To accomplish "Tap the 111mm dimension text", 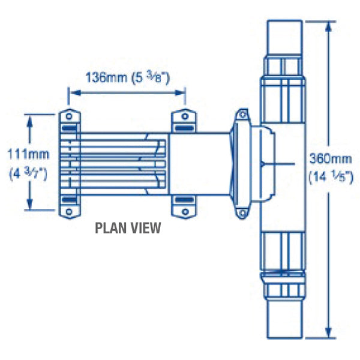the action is pyautogui.click(x=28, y=154).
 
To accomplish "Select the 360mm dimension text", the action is pyautogui.click(x=331, y=159).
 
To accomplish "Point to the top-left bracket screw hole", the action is pyautogui.click(x=69, y=116).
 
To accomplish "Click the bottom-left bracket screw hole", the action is pyautogui.click(x=69, y=211).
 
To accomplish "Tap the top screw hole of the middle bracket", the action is pyautogui.click(x=185, y=116).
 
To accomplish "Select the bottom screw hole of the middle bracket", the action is pyautogui.click(x=185, y=211).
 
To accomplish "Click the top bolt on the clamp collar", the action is pyautogui.click(x=242, y=115).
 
